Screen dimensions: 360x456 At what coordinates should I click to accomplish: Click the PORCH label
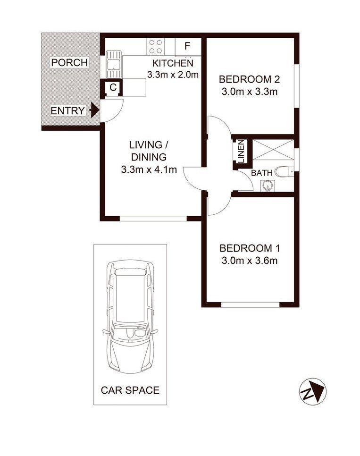tap(69, 62)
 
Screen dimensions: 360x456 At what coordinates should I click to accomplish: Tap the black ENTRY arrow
tap(95, 110)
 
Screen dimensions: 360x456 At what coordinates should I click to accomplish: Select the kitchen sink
tap(113, 64)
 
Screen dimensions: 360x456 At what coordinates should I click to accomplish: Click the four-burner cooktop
tap(155, 47)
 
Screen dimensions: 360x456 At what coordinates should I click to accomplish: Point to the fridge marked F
tap(188, 47)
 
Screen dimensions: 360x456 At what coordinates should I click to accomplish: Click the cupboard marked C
tap(113, 87)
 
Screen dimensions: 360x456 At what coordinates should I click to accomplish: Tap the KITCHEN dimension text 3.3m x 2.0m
tap(173, 75)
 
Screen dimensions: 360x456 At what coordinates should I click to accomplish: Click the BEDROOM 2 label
tap(249, 79)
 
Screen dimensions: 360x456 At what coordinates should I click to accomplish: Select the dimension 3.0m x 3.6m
tap(250, 261)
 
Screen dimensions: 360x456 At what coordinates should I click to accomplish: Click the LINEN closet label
tap(241, 151)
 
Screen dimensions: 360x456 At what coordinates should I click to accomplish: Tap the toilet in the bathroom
tap(284, 172)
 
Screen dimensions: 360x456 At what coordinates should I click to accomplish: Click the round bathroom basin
tap(268, 186)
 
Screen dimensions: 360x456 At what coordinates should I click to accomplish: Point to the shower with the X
tap(273, 150)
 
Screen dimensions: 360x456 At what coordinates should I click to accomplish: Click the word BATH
tap(262, 173)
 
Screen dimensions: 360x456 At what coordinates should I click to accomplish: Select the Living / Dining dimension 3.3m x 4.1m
tap(149, 169)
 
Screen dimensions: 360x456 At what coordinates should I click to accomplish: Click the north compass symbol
tap(313, 391)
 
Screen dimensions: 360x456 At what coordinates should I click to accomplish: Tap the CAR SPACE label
tap(130, 390)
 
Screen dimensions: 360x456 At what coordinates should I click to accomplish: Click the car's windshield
tap(130, 332)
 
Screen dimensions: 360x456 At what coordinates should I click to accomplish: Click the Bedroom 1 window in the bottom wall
tap(251, 305)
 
